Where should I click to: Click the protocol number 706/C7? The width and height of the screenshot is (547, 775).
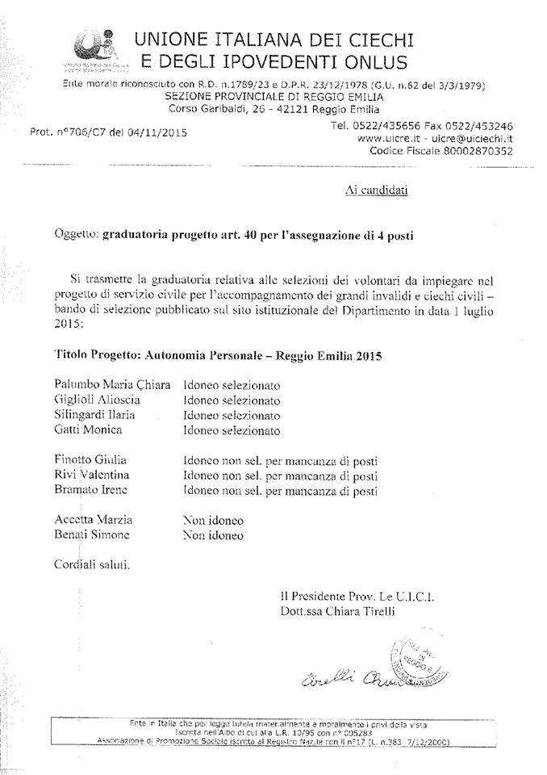(89, 132)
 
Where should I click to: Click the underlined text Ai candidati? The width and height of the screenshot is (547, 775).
(376, 191)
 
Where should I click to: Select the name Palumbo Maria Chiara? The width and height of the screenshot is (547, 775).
(112, 384)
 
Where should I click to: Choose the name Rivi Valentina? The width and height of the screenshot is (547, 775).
(92, 475)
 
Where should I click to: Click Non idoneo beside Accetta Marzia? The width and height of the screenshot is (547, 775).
(213, 520)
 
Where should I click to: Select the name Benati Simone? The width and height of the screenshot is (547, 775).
(91, 534)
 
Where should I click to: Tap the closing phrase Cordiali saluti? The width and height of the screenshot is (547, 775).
(92, 564)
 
